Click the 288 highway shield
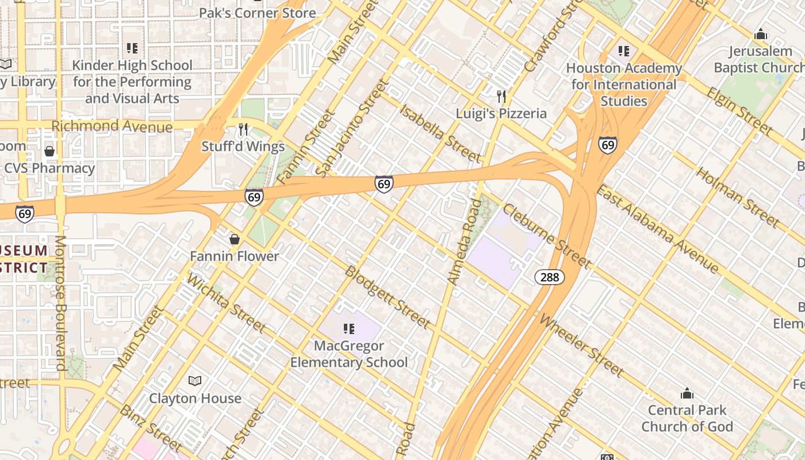550,277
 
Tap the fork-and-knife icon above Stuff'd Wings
243,129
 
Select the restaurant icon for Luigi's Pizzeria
501,96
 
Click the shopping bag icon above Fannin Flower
235,239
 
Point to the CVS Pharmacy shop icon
49,151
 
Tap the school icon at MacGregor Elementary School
348,329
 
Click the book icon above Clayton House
195,381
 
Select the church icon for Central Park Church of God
687,393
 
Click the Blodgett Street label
387,297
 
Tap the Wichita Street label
227,303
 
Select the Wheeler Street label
582,346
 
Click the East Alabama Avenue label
657,229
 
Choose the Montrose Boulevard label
60,302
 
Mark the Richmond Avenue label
112,126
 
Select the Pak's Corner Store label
257,13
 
